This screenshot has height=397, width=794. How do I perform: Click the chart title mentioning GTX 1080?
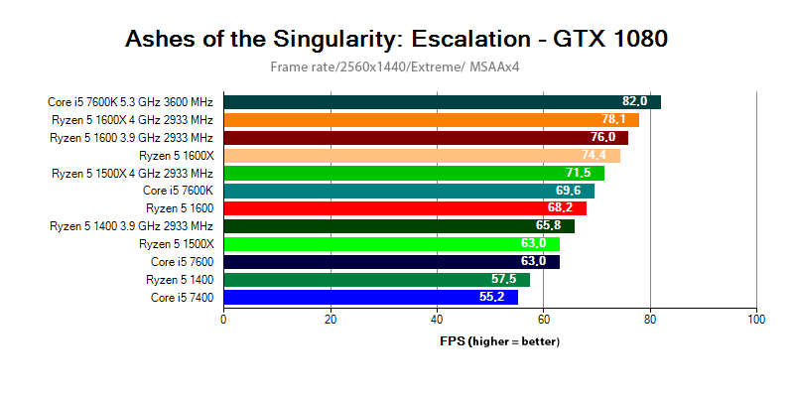396,39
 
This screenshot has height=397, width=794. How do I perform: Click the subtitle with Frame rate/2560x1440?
397,67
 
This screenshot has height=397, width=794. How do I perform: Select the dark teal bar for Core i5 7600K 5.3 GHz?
442,102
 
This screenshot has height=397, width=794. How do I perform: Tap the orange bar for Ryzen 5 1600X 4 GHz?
431,120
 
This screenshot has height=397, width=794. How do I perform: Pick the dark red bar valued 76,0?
426,138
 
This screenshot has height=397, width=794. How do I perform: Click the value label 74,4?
600,156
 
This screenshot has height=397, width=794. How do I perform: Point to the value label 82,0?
635,102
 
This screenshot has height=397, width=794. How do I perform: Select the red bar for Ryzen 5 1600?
405,208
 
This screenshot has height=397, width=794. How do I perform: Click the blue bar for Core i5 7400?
370,297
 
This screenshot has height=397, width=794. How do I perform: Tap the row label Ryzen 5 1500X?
176,244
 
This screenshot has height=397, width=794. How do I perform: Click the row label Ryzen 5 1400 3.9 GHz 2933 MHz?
131,226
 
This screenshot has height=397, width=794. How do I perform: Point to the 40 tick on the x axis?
437,320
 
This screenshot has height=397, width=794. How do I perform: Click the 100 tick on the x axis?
756,320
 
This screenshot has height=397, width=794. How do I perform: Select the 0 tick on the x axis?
223,320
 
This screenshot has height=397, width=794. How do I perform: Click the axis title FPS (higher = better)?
500,341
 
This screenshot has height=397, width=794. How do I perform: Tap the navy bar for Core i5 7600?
391,262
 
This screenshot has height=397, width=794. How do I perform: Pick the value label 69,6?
569,191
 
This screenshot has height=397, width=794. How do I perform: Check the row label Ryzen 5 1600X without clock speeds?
176,156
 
